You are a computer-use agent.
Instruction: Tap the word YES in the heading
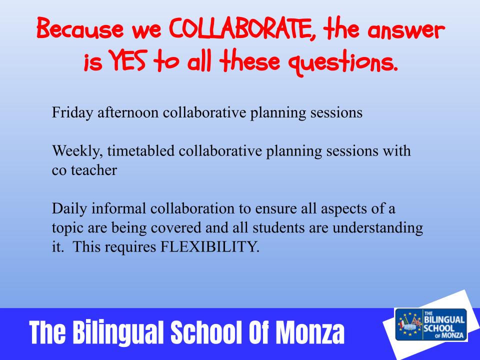(x=126, y=60)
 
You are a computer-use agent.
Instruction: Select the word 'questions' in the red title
(x=343, y=63)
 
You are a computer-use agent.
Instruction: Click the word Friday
(x=72, y=113)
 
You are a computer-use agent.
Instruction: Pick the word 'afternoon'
(x=128, y=112)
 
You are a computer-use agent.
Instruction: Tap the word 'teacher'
(x=94, y=170)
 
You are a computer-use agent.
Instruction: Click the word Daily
(x=69, y=209)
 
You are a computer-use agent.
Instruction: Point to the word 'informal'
(x=119, y=208)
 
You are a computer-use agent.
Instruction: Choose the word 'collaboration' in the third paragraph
(x=192, y=208)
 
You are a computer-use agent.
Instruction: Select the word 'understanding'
(x=378, y=228)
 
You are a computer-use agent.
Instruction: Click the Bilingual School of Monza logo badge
(x=431, y=324)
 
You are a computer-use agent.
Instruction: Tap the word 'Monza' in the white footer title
(x=310, y=332)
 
